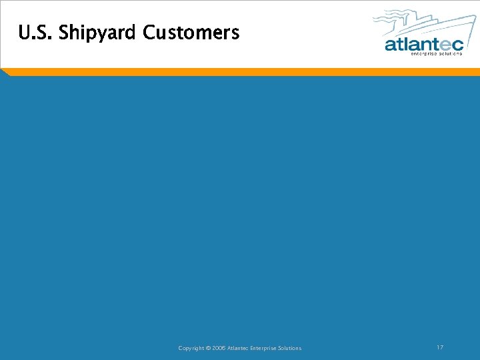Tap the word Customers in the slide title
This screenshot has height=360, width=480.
coord(191,32)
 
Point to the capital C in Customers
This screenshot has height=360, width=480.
coord(149,32)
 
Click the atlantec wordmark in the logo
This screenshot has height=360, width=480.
coord(423,45)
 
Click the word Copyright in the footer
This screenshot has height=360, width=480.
coord(191,348)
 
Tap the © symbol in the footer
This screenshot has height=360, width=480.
coord(207,348)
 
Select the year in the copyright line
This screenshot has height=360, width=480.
coord(218,348)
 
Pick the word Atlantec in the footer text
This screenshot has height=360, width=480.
coord(238,348)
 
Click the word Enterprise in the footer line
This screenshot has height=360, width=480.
coord(264,348)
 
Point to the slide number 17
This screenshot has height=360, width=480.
coord(440,347)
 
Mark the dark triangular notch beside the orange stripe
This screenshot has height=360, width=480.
coord(5,72)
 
